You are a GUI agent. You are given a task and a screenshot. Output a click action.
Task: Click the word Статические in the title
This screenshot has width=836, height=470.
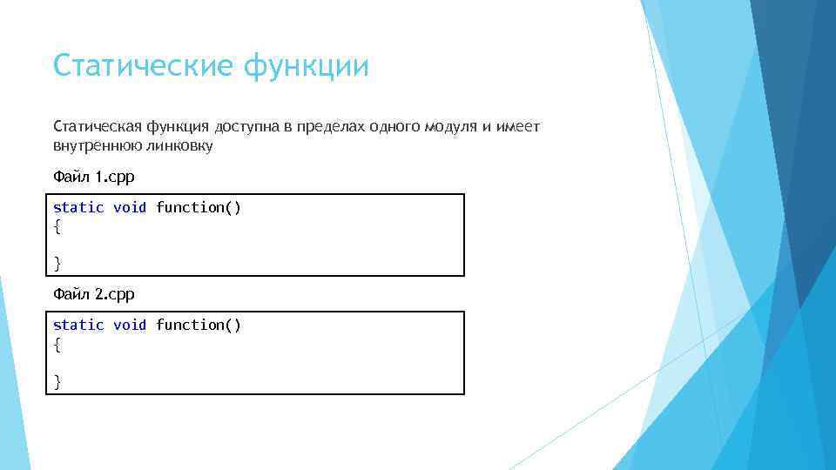pos(144,66)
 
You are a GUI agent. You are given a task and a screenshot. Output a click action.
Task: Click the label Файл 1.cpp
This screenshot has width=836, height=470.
pos(94,177)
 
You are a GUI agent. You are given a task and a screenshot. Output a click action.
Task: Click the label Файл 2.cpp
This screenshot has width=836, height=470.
pos(94,294)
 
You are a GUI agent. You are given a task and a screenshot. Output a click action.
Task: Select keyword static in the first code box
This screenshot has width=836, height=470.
pos(78,207)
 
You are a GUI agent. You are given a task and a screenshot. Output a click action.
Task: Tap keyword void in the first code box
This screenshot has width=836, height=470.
pos(130,207)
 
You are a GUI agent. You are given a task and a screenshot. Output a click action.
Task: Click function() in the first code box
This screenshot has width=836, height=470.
pos(199,207)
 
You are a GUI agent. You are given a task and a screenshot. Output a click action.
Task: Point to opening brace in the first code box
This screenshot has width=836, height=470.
pos(57,227)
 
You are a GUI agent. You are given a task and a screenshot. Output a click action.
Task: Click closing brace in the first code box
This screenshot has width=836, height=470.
pos(57,262)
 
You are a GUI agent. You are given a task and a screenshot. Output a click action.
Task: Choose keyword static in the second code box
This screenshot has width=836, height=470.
pos(78,325)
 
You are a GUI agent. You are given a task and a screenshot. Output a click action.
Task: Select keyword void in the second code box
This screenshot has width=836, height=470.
pos(130,325)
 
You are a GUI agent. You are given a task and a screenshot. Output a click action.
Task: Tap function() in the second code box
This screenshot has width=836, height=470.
pos(199,325)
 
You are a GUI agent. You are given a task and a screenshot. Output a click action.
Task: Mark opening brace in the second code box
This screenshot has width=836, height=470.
pos(57,345)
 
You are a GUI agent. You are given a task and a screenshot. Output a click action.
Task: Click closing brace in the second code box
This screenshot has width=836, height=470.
pos(57,380)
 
